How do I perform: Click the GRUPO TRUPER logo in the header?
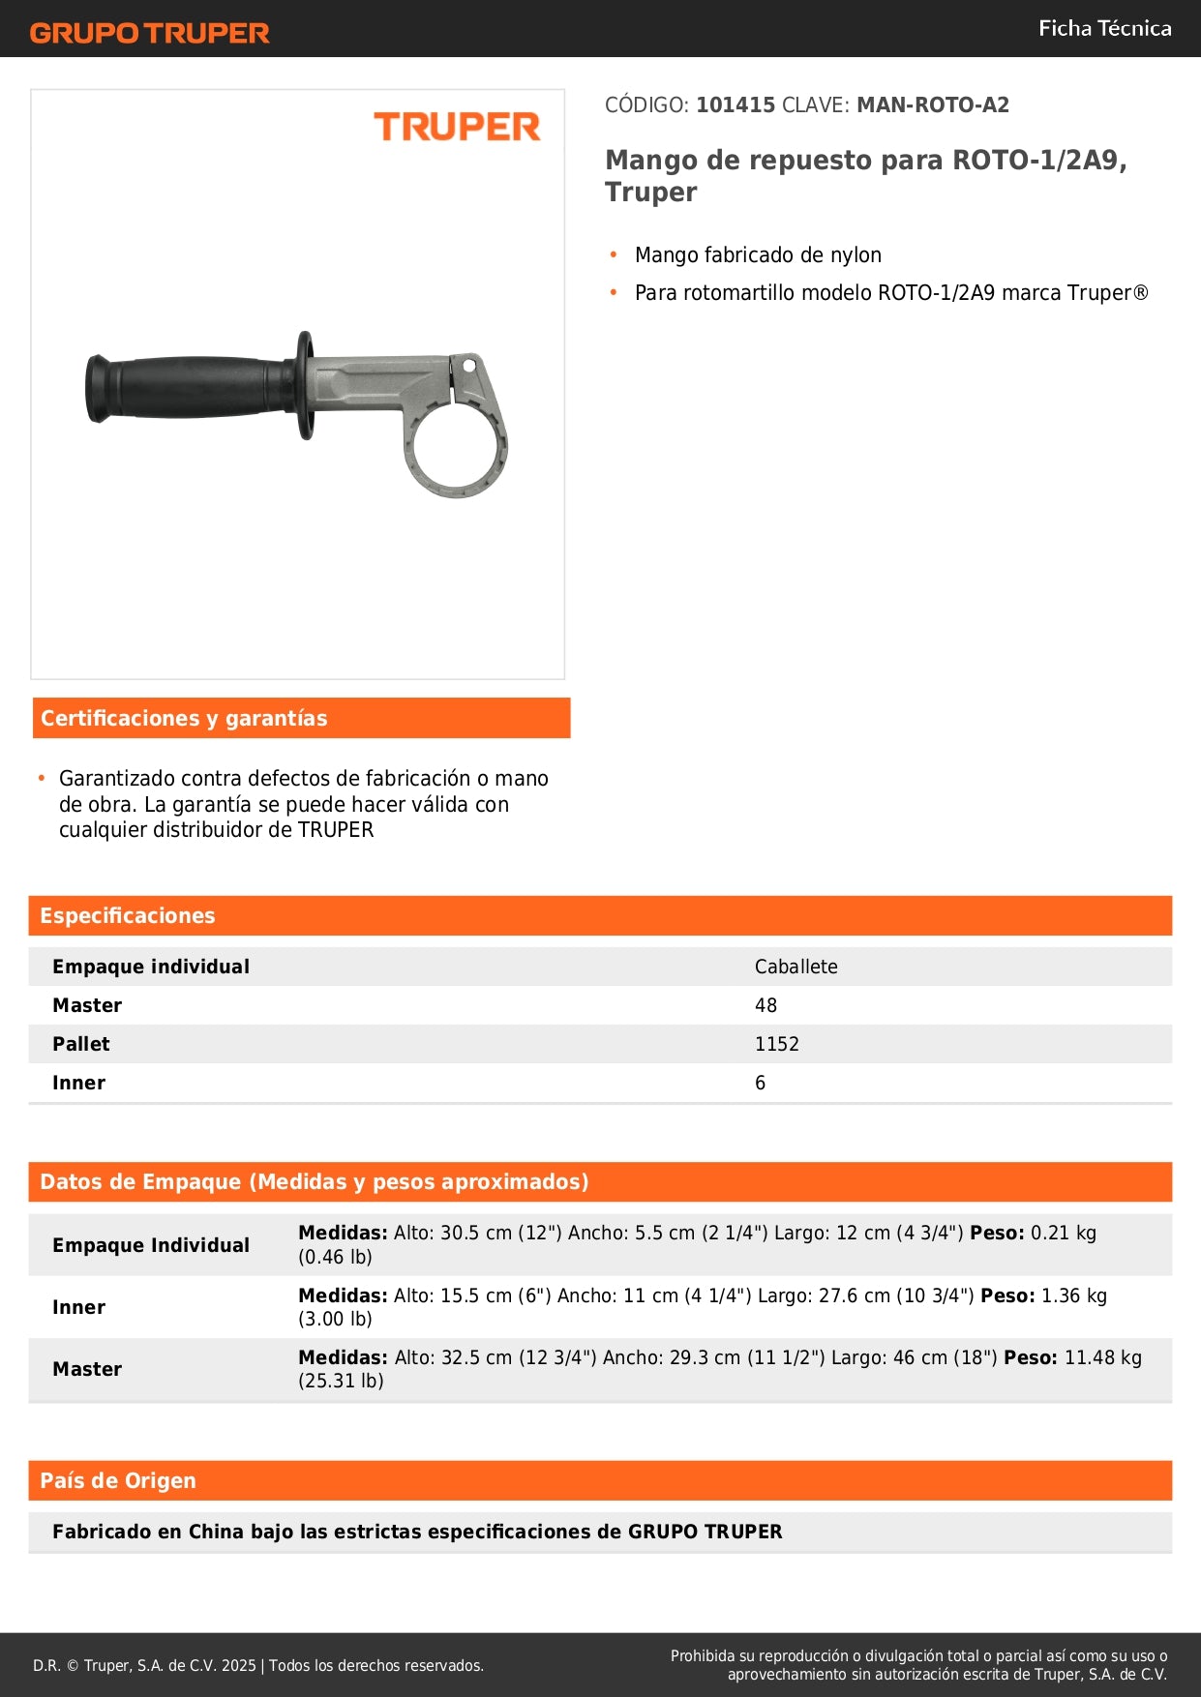point(149,33)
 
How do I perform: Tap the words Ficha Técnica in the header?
point(1104,28)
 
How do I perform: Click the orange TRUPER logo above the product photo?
point(457,127)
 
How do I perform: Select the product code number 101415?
point(736,104)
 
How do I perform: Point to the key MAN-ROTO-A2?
point(932,104)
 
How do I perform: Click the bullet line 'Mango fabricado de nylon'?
point(758,255)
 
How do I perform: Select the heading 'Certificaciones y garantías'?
point(184,718)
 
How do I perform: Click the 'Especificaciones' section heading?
point(128,915)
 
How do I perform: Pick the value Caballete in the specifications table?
point(796,967)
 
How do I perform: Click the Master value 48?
point(766,1005)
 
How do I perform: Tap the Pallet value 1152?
point(776,1044)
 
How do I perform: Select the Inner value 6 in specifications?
point(760,1083)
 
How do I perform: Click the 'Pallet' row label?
point(81,1044)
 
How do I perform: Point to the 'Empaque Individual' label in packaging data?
point(151,1245)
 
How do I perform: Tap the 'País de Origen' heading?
point(118,1480)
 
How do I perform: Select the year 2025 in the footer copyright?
point(238,1665)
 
